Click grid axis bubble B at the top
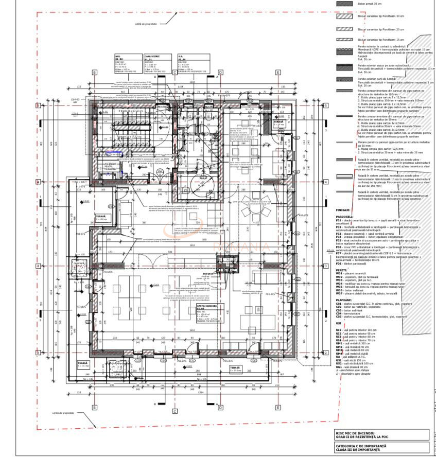pyautogui.click(x=94, y=73)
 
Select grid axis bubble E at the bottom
pyautogui.click(x=277, y=408)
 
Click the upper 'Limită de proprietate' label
pyautogui.click(x=145, y=23)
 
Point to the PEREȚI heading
pyautogui.click(x=341, y=269)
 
